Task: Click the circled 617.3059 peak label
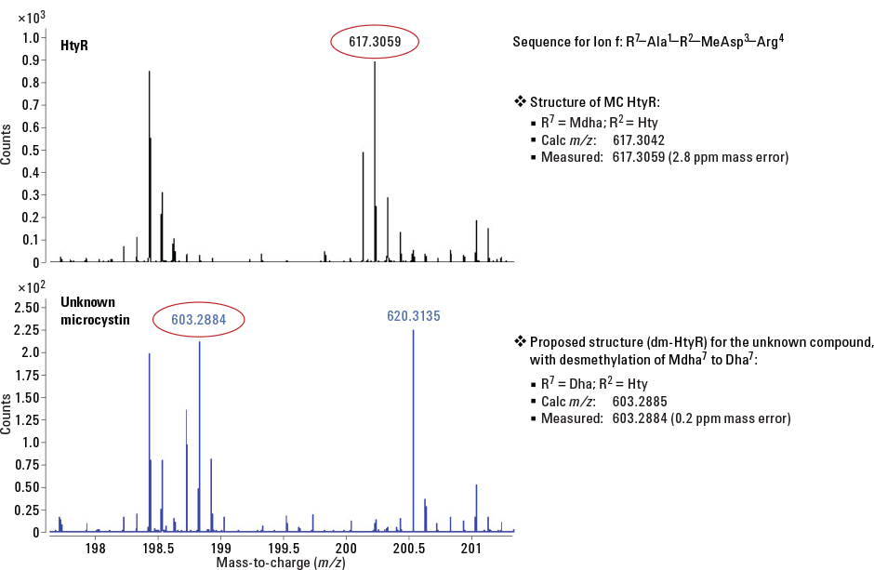(377, 42)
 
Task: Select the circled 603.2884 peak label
(199, 319)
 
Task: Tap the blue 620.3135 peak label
(413, 316)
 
